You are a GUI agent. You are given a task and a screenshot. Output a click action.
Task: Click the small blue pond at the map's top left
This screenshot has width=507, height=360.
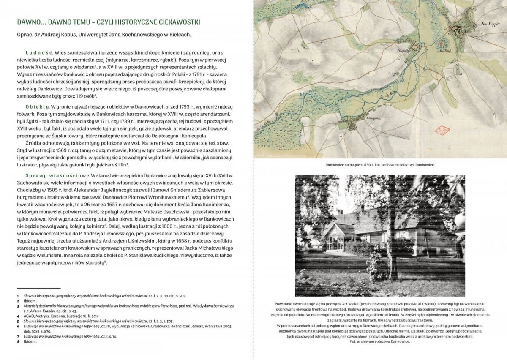coord(303,5)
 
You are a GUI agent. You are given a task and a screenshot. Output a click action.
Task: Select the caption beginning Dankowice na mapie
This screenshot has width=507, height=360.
coord(380,165)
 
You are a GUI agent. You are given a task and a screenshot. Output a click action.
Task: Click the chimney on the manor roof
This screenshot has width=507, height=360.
coord(340,212)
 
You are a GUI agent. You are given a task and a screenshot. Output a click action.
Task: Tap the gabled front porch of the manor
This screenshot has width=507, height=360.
coord(333,237)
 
